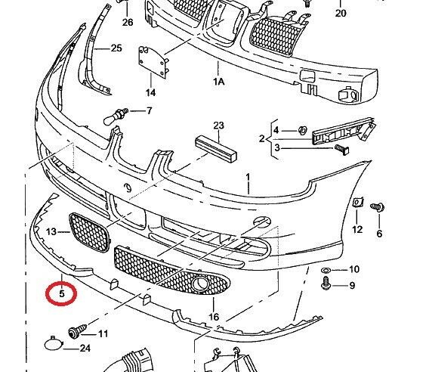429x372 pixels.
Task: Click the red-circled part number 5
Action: [62, 293]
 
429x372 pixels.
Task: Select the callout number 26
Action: [128, 22]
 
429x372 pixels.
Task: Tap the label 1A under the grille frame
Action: [219, 82]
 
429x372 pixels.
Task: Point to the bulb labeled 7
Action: [116, 116]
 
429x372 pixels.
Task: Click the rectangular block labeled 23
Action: [216, 149]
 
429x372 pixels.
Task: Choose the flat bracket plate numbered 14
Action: [152, 62]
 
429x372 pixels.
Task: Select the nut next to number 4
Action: [303, 130]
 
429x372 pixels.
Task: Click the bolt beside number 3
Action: [342, 149]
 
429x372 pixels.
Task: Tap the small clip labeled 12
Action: [358, 202]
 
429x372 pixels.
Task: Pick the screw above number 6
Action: [378, 207]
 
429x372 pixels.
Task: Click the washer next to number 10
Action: [326, 271]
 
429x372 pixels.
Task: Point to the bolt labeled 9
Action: [326, 284]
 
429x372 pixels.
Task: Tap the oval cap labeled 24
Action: [54, 343]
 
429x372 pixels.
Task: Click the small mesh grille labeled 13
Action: [88, 233]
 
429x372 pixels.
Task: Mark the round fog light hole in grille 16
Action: [199, 284]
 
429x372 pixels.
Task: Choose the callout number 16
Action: [214, 317]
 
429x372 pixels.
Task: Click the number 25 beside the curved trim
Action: [116, 48]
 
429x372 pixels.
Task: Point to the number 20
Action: [341, 13]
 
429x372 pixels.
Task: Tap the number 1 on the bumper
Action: [248, 178]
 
